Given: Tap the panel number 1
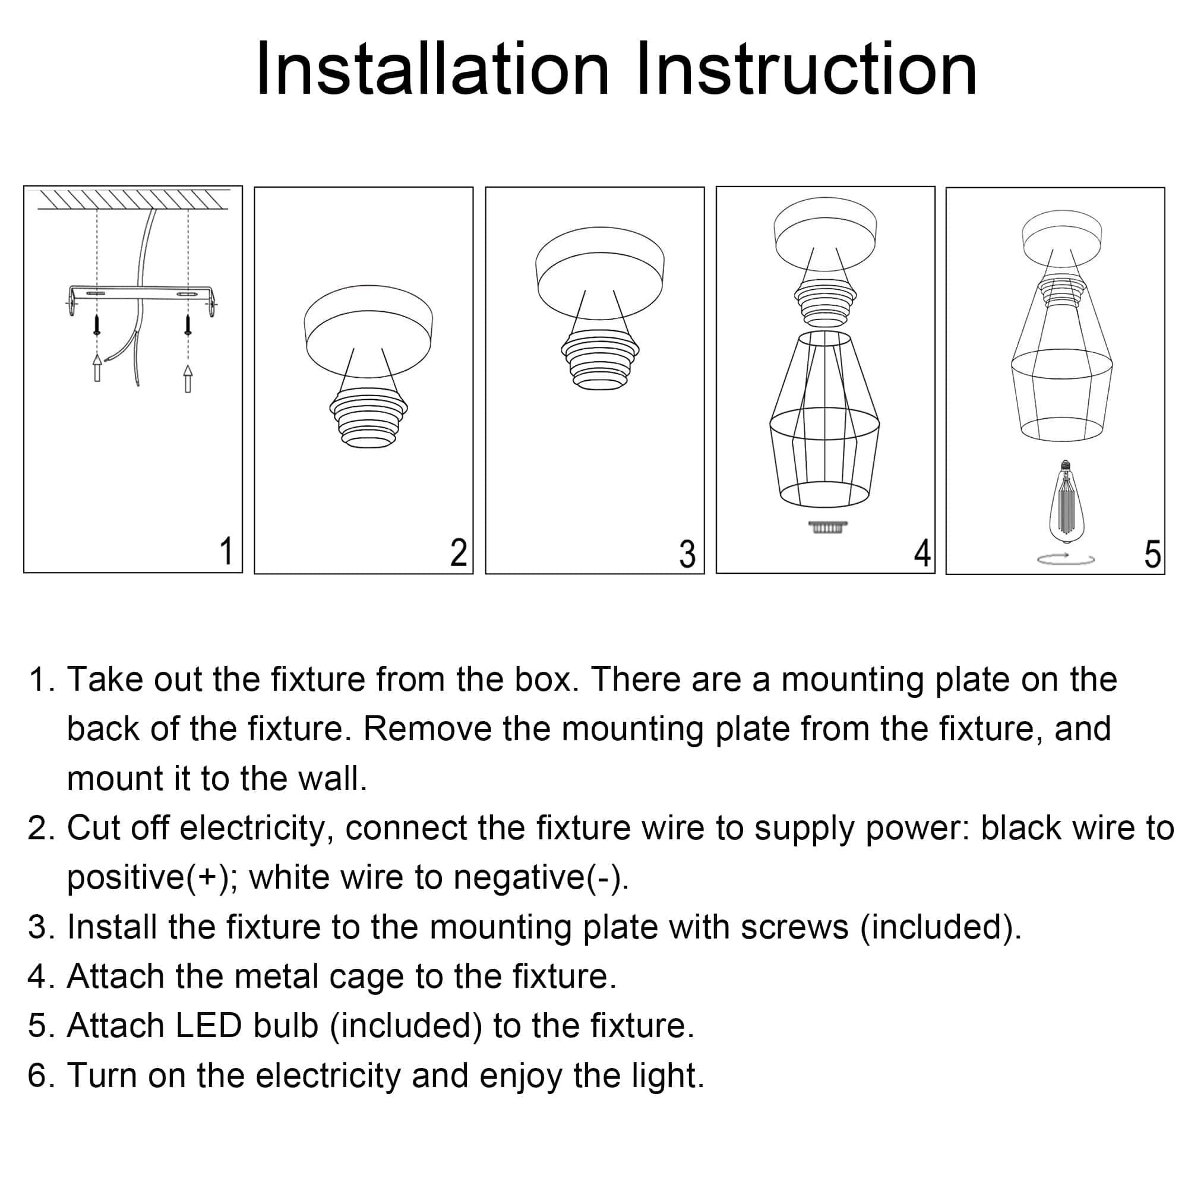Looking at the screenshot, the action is (226, 551).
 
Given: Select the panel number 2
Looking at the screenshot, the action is (458, 552).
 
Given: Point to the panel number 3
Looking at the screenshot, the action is (687, 554).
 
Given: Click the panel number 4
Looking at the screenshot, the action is (922, 552).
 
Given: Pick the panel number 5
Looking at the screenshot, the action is (1152, 554).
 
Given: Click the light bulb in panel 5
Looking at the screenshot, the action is (1066, 501).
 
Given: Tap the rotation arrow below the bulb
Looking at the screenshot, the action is (1066, 559).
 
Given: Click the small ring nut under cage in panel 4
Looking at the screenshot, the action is (827, 527).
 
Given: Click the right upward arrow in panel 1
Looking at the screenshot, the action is (188, 378).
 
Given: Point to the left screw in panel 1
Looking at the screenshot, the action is (97, 325).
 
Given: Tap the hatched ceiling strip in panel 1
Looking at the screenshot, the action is (133, 199).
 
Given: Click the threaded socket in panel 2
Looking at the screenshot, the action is (368, 418).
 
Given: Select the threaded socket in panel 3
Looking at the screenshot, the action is (600, 359).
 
